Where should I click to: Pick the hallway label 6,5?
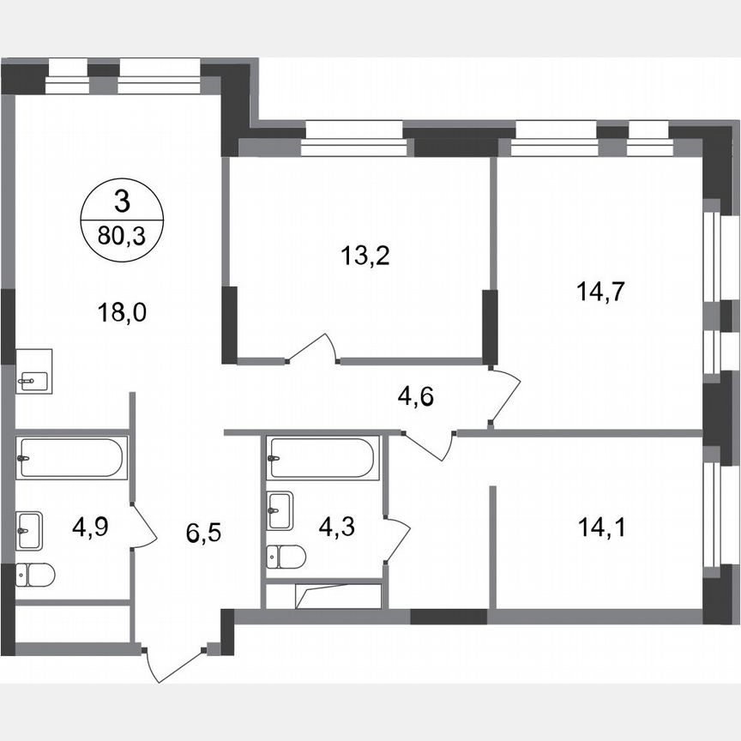click(204, 535)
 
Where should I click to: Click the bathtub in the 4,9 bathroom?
click(71, 457)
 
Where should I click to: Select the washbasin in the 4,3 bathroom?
click(280, 511)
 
